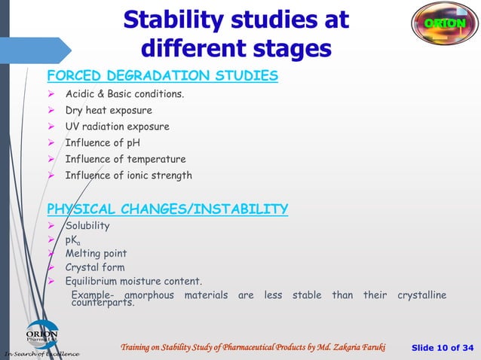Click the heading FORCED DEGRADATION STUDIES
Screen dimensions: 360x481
(x=162, y=76)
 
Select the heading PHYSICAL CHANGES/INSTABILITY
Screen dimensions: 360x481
(x=167, y=209)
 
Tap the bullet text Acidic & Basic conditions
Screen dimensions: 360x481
(x=124, y=95)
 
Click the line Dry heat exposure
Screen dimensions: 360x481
(x=108, y=111)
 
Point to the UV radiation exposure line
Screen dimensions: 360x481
(x=117, y=127)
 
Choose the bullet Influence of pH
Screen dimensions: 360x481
(x=103, y=143)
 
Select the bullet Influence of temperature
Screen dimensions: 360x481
(x=125, y=159)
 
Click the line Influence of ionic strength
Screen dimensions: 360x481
(x=128, y=175)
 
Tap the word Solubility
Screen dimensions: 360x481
(x=87, y=226)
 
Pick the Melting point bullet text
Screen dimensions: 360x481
(x=96, y=253)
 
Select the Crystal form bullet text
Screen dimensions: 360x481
(x=95, y=267)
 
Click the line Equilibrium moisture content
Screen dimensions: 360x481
(x=133, y=282)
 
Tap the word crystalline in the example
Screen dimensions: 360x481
(x=421, y=295)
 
